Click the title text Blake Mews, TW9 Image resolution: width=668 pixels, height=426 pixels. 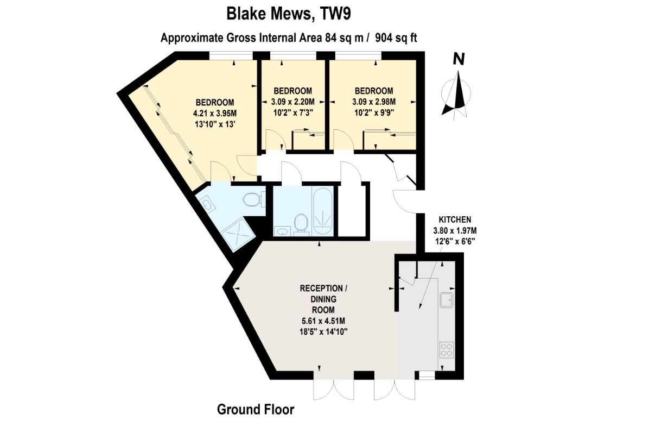pyautogui.click(x=289, y=14)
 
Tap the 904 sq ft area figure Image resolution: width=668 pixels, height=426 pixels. pyautogui.click(x=396, y=38)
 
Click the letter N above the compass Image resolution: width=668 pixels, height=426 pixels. pyautogui.click(x=459, y=59)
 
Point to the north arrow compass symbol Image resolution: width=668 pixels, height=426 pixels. pyautogui.click(x=456, y=95)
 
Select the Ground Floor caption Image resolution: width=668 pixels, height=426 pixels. pyautogui.click(x=256, y=410)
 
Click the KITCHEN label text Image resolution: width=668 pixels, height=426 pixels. pyautogui.click(x=455, y=220)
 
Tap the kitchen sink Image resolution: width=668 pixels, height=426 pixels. pyautogui.click(x=447, y=300)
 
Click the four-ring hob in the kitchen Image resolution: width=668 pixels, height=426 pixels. pyautogui.click(x=447, y=350)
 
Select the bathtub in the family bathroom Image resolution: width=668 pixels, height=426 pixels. pyautogui.click(x=323, y=211)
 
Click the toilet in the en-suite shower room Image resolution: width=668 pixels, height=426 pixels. pyautogui.click(x=253, y=199)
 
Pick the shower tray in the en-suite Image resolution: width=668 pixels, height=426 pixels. pyautogui.click(x=239, y=235)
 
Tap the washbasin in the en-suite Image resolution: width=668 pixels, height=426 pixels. pyautogui.click(x=207, y=204)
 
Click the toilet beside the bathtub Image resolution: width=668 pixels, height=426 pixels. pyautogui.click(x=301, y=224)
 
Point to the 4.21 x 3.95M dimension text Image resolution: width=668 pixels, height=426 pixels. pyautogui.click(x=215, y=114)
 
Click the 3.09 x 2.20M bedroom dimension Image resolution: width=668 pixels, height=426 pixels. pyautogui.click(x=292, y=102)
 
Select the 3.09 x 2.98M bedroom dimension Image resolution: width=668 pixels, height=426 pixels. pyautogui.click(x=374, y=102)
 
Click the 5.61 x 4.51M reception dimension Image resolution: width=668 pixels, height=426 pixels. pyautogui.click(x=323, y=321)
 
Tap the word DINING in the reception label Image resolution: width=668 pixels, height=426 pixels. pyautogui.click(x=323, y=299)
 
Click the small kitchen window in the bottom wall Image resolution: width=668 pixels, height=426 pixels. pyautogui.click(x=427, y=375)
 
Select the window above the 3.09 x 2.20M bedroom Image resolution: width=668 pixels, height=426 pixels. pyautogui.click(x=293, y=56)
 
